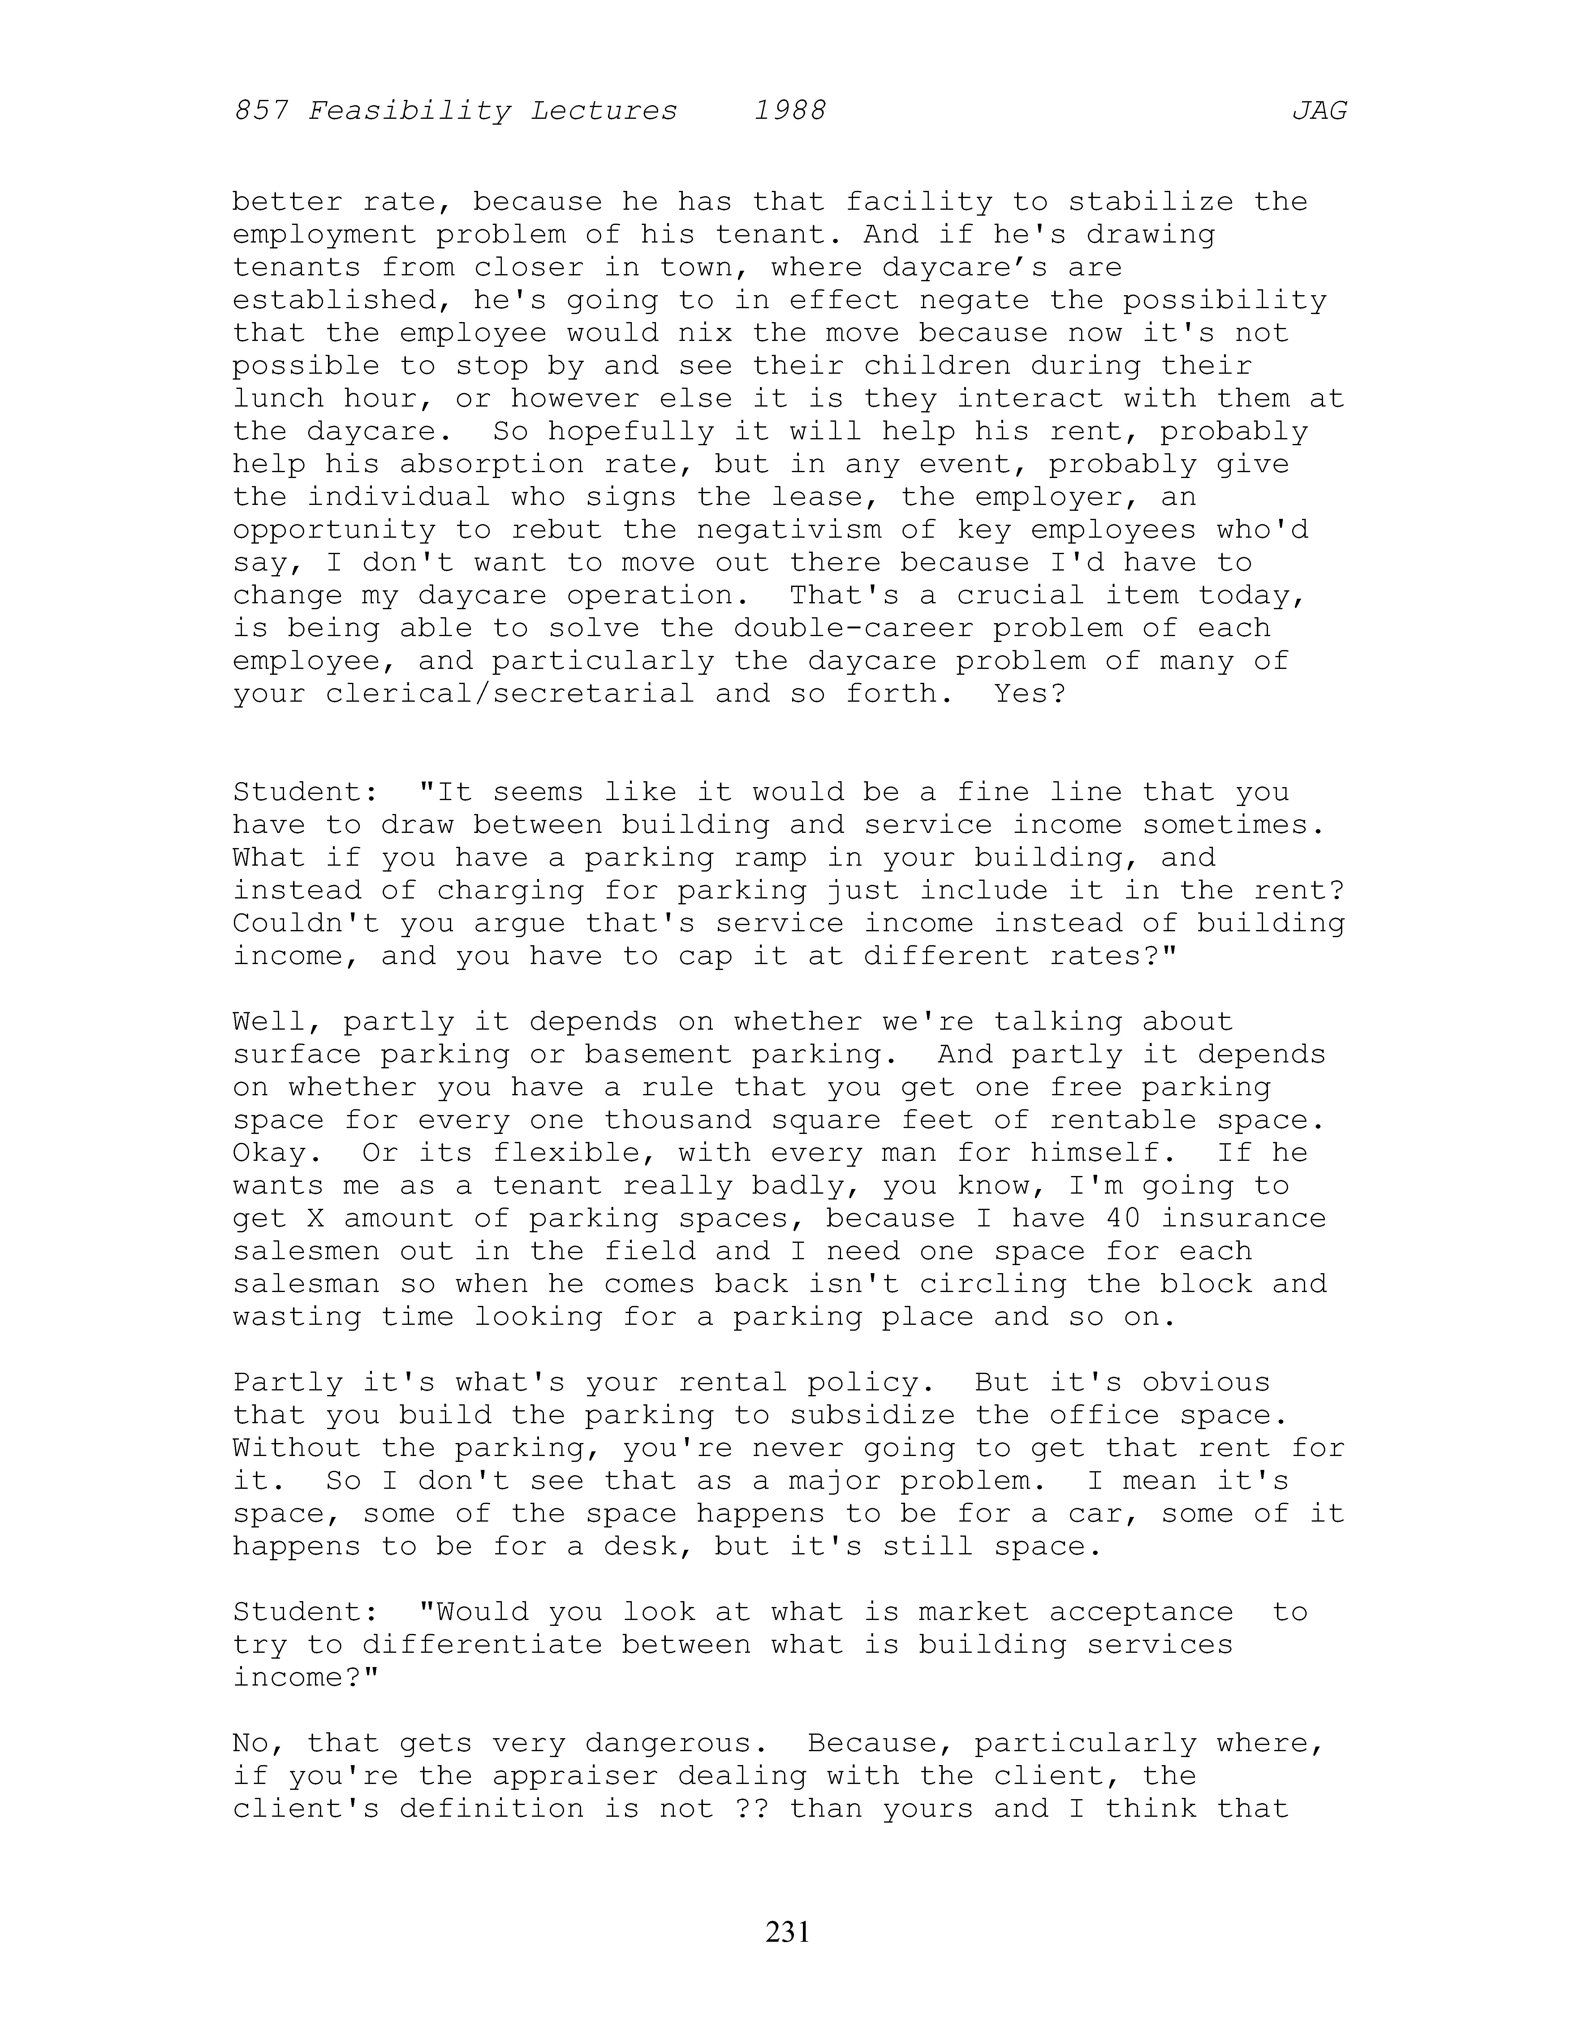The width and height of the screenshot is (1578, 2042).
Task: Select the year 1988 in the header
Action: click(790, 111)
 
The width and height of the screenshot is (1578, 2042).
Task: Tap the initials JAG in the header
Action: click(1319, 111)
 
